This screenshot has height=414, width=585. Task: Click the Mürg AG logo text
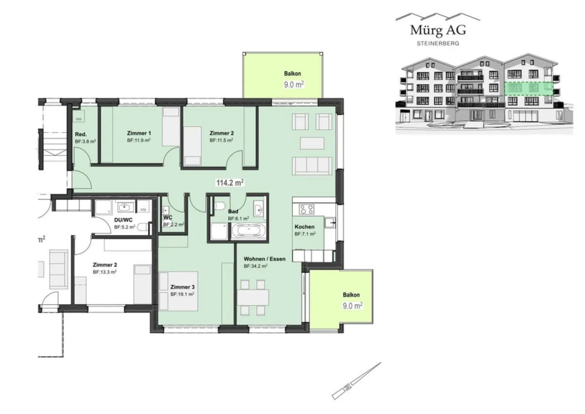click(438, 30)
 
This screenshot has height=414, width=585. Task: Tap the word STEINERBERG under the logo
click(438, 43)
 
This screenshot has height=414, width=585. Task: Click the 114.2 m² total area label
click(230, 183)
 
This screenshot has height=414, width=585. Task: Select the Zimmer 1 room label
click(139, 133)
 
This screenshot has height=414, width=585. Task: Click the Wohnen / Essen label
click(264, 259)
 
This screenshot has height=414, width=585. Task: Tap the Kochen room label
click(304, 227)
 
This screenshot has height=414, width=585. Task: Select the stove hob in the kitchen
click(307, 209)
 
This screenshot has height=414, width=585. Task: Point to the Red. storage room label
click(80, 134)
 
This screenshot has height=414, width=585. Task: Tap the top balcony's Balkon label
click(292, 74)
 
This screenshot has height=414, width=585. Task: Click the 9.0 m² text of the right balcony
click(352, 305)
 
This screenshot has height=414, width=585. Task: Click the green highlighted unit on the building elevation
click(529, 88)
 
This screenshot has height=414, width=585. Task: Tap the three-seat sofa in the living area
click(312, 166)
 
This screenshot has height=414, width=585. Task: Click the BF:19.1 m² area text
click(182, 294)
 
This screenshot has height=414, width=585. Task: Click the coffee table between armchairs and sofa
click(312, 144)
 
